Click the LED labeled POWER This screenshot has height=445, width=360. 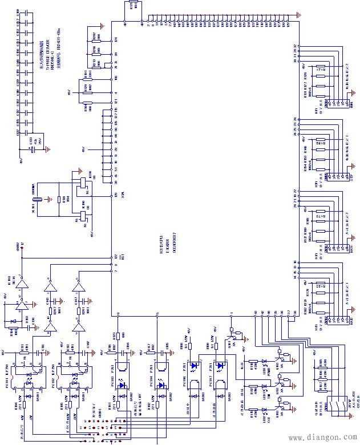[264, 362]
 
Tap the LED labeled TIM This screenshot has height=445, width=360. [264, 387]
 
